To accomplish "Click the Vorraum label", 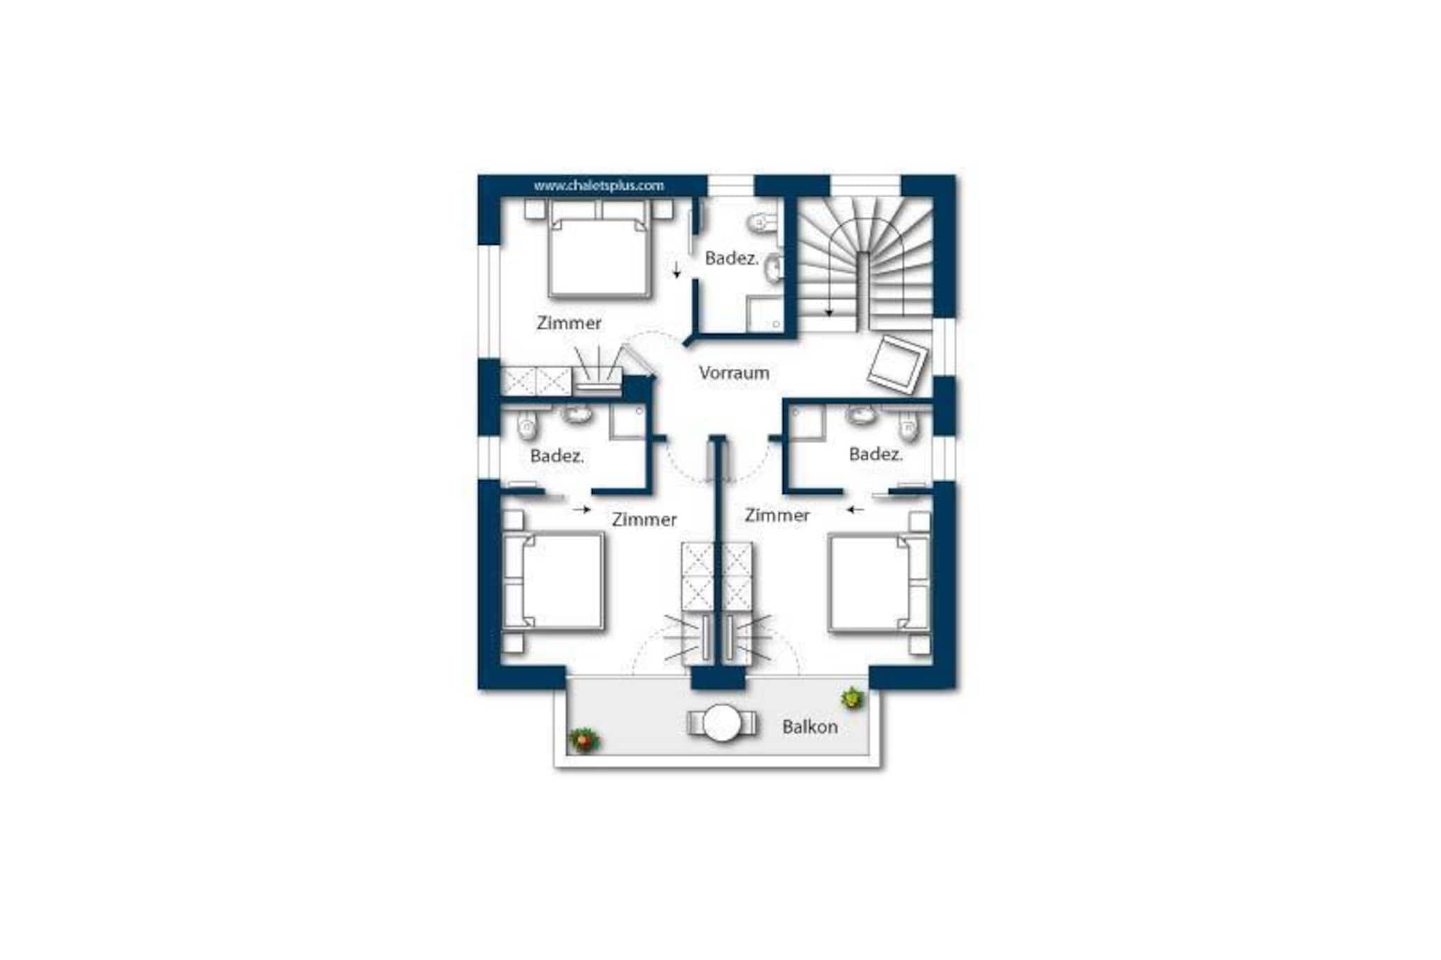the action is pyautogui.click(x=734, y=373).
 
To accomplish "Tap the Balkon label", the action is pyautogui.click(x=810, y=727).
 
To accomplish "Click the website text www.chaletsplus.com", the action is pyautogui.click(x=599, y=186).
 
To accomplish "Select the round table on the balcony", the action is pyautogui.click(x=722, y=723).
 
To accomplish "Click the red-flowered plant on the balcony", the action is pyautogui.click(x=583, y=740).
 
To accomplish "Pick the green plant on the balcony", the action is pyautogui.click(x=853, y=698).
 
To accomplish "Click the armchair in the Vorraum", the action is pyautogui.click(x=897, y=364).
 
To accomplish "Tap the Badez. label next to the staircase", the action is pyautogui.click(x=732, y=259).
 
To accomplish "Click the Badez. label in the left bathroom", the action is pyautogui.click(x=557, y=456).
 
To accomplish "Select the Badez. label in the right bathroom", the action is pyautogui.click(x=876, y=454).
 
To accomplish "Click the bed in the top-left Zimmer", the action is pyautogui.click(x=598, y=249).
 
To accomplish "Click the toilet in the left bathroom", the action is pyautogui.click(x=526, y=423).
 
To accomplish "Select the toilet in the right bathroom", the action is pyautogui.click(x=909, y=425).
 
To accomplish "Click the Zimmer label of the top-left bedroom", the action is pyautogui.click(x=569, y=323).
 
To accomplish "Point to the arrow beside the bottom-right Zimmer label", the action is pyautogui.click(x=855, y=510).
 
